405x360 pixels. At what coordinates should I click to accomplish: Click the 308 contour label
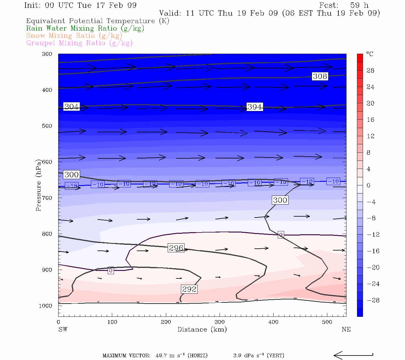pos(320,76)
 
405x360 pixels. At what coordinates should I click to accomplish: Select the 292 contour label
pos(189,289)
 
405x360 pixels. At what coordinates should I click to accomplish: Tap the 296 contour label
pos(176,248)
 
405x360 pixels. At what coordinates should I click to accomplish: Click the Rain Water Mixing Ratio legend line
pos(85,28)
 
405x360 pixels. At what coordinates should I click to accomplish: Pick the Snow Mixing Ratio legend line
pos(74,36)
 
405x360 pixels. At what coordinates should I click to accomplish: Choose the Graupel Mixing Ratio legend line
pos(79,43)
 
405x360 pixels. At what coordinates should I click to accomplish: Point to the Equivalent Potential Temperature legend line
pos(97,21)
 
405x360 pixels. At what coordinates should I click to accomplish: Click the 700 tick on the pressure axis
pos(47,198)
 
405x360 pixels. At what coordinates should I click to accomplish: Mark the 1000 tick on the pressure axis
pos(45,306)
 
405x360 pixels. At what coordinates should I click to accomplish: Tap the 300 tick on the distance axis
pos(220,322)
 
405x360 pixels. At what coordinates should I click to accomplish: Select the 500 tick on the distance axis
pos(327,322)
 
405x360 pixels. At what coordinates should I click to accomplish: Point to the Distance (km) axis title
pos(202,329)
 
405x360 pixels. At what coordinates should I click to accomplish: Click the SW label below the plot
pos(63,329)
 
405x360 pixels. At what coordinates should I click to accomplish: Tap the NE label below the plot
pos(346,329)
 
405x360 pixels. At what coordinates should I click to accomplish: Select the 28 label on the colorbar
pos(370,70)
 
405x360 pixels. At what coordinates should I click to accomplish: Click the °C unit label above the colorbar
pos(370,54)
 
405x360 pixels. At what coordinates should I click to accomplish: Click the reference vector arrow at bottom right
pos(353,355)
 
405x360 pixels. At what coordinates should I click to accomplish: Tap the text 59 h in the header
pos(359,5)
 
